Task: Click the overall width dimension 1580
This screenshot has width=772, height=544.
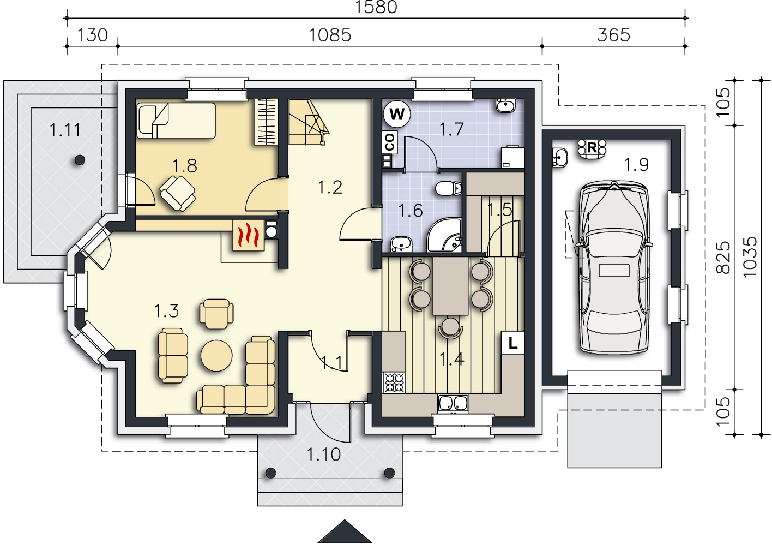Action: (x=376, y=7)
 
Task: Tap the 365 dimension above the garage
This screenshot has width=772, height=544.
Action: (x=613, y=35)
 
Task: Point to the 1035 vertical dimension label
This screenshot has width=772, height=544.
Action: (x=750, y=257)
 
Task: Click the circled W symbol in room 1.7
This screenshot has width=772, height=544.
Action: (x=397, y=113)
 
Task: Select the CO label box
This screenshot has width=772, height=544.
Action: (x=389, y=142)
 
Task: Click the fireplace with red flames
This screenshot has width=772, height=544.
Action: (x=249, y=235)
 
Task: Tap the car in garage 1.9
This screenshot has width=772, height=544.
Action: (x=613, y=267)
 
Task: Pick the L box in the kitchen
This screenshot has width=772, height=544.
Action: (x=513, y=343)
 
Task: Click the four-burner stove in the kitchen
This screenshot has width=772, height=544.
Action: (x=394, y=382)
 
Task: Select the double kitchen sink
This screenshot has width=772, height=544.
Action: (x=453, y=403)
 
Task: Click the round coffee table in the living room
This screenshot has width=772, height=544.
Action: (x=216, y=356)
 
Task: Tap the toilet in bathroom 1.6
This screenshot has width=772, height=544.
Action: (x=448, y=188)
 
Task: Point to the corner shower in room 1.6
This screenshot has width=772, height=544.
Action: (x=444, y=235)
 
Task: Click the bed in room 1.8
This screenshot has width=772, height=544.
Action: (x=176, y=121)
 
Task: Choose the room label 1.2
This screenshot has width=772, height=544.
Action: (x=330, y=187)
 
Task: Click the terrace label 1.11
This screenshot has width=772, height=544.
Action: (x=65, y=130)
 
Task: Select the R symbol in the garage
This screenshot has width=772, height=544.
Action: (x=592, y=148)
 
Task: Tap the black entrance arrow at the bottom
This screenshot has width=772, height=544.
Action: (x=345, y=531)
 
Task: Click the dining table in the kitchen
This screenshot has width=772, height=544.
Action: (x=450, y=285)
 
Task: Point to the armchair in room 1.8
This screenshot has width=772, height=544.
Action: (x=178, y=193)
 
